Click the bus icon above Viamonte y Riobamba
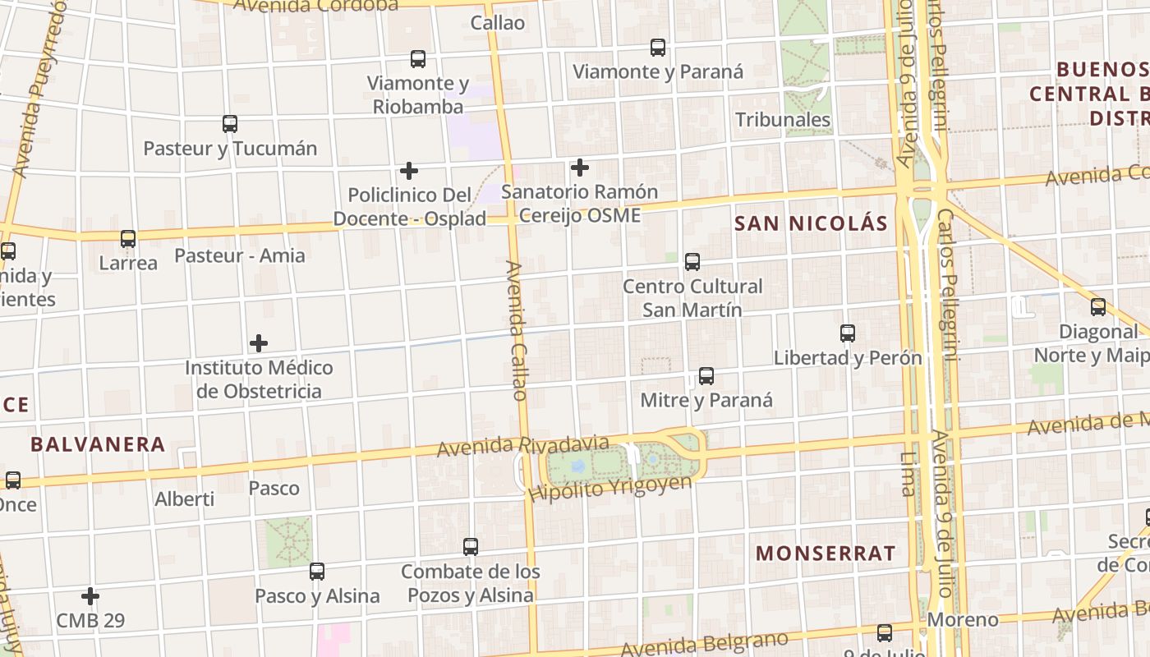click(418, 59)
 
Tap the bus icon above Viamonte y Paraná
click(658, 48)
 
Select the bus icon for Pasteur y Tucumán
click(230, 124)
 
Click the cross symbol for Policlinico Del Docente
click(409, 171)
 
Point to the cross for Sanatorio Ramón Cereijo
click(580, 168)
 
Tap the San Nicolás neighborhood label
click(811, 223)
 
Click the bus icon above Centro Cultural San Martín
click(692, 262)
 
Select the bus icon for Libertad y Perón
click(848, 333)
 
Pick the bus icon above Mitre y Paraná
click(706, 376)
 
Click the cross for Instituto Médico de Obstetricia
click(259, 342)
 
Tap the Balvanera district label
click(98, 445)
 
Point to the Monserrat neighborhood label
click(826, 554)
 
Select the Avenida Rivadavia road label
click(523, 447)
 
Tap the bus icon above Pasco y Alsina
click(317, 571)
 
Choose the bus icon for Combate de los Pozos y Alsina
click(471, 546)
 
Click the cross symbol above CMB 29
click(90, 595)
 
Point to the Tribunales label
click(783, 120)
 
